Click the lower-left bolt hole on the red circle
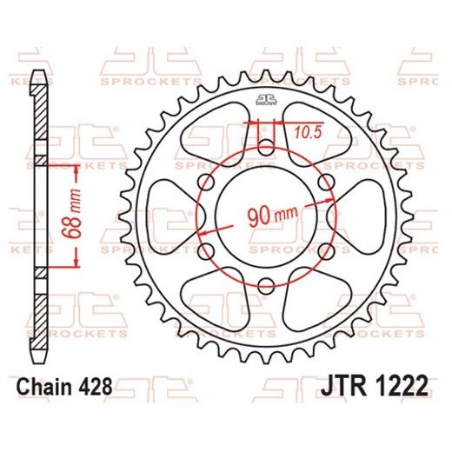coord(206,249)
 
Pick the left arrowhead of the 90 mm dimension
coord(203,234)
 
